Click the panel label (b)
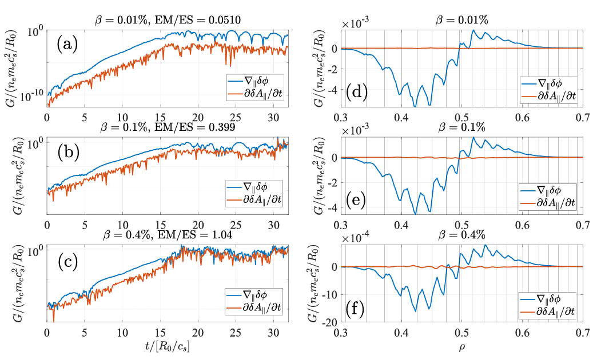click(68, 154)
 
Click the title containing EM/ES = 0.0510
click(168, 20)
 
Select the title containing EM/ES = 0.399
click(168, 129)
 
